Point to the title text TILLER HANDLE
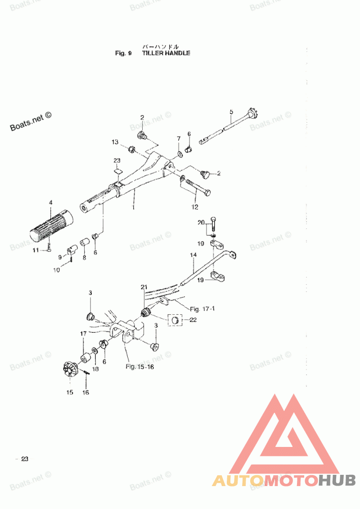(166, 53)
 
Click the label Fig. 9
(123, 53)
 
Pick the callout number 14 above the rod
(193, 255)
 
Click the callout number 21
(144, 287)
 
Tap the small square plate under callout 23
(117, 170)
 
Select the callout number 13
(115, 142)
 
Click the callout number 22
(193, 320)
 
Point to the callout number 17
(83, 334)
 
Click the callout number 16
(85, 393)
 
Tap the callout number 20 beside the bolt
(201, 222)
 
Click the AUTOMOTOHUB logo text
(284, 481)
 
